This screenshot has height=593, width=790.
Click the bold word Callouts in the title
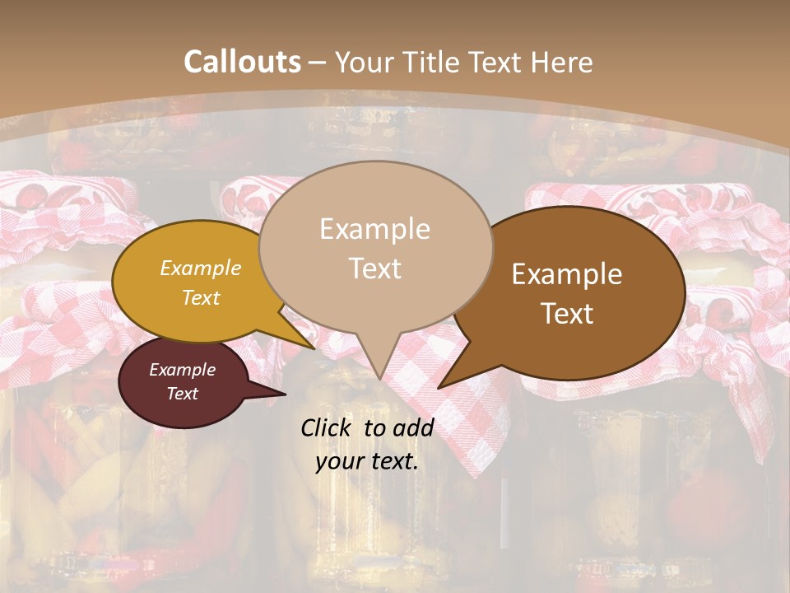click(x=242, y=62)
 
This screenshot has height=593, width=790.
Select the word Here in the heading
click(x=564, y=62)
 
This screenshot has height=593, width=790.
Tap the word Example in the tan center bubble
click(x=374, y=229)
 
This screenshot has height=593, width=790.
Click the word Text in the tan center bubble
click(x=374, y=268)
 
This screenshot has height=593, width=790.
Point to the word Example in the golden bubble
click(x=201, y=268)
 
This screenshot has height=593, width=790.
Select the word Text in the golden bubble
click(x=201, y=297)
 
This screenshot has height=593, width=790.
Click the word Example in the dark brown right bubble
click(x=567, y=274)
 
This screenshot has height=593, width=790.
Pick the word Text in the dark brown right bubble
click(x=567, y=313)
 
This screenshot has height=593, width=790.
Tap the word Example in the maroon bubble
click(x=183, y=370)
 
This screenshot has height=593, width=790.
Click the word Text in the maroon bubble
click(x=183, y=394)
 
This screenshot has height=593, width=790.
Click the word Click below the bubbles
click(x=328, y=427)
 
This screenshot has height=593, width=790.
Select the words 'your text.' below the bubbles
click(x=367, y=461)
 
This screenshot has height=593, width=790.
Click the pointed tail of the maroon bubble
click(x=280, y=394)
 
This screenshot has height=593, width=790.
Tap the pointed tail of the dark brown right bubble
click(x=443, y=385)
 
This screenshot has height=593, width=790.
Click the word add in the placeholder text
click(x=413, y=427)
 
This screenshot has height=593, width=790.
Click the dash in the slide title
click(x=318, y=62)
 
